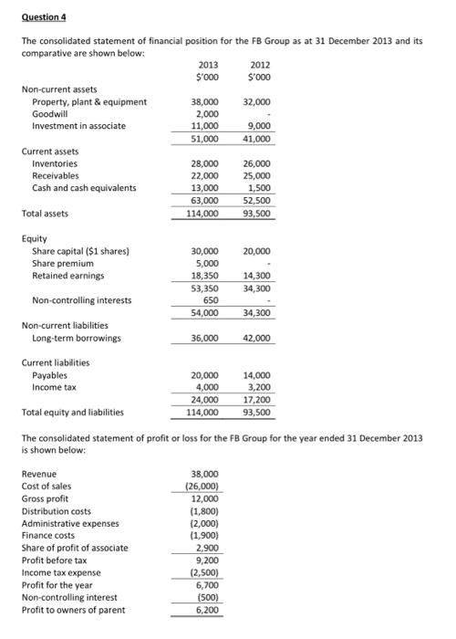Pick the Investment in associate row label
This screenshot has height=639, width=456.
click(78, 126)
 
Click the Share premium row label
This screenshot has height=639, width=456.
click(64, 263)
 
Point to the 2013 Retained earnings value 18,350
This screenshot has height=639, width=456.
click(204, 275)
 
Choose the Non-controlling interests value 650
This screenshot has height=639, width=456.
click(210, 299)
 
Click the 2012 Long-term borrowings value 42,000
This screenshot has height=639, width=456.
click(257, 338)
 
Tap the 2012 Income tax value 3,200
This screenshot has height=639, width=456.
click(260, 387)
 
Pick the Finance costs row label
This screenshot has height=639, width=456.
click(52, 536)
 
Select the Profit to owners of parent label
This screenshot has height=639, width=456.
click(75, 610)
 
